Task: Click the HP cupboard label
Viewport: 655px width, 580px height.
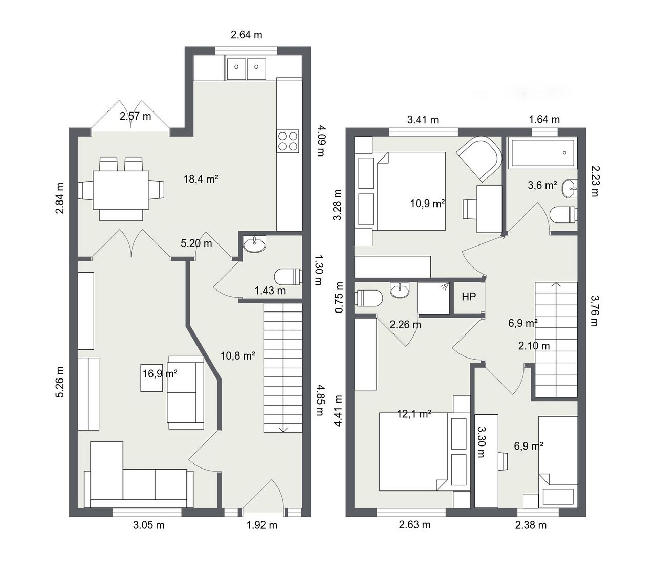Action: tap(468, 297)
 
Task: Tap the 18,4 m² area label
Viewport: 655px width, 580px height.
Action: tap(201, 179)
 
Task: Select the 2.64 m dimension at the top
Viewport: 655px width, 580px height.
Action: tap(246, 35)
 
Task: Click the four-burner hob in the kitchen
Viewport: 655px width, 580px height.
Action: tap(288, 141)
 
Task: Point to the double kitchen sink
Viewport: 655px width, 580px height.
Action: tap(246, 69)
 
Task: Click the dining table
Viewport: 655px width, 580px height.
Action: tap(121, 190)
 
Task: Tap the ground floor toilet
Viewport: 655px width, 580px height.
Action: tap(288, 277)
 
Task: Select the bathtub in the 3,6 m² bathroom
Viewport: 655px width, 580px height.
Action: tap(542, 152)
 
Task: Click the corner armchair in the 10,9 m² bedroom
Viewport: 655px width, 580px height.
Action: tap(479, 159)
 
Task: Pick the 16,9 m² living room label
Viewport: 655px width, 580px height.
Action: tap(160, 374)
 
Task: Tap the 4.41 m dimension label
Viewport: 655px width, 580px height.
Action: tap(338, 411)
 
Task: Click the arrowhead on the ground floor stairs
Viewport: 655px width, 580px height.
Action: tap(283, 430)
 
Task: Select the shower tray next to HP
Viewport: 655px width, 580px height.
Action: tap(433, 298)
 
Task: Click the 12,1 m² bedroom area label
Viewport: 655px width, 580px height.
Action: tap(414, 414)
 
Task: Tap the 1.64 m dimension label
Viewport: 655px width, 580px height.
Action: tap(544, 120)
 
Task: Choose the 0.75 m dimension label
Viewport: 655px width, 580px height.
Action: tap(339, 297)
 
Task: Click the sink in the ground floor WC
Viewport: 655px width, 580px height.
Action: tap(254, 244)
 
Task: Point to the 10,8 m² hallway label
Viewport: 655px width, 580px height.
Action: tap(238, 356)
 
